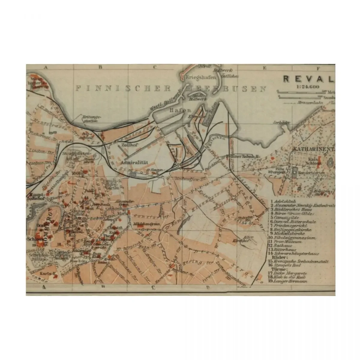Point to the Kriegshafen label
[197, 77]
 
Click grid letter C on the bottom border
[153, 289]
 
